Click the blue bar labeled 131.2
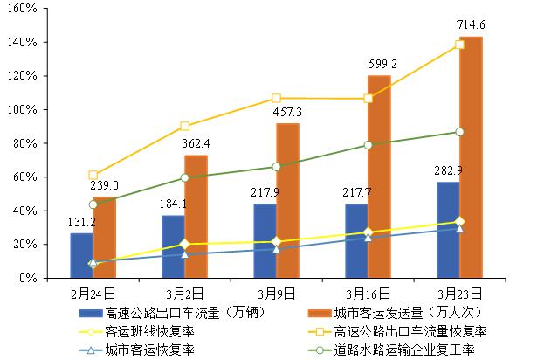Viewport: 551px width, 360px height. [81, 255]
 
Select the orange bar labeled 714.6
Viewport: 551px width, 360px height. [471, 157]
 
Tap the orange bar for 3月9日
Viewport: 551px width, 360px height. [287, 201]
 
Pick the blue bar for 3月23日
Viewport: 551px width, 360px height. [448, 230]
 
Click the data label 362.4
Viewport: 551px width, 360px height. [195, 143]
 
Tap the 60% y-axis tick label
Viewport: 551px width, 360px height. [24, 177]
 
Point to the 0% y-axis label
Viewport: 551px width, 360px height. [27, 278]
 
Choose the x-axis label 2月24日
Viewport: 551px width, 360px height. [93, 294]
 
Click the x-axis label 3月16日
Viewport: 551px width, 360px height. [368, 294]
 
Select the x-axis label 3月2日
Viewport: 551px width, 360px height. [185, 294]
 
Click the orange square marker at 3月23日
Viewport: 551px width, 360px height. [459, 44]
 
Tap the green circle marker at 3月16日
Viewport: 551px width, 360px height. [368, 145]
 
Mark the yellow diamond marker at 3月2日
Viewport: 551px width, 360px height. [184, 244]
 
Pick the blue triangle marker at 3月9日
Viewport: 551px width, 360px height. [276, 249]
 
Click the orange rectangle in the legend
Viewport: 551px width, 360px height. [320, 314]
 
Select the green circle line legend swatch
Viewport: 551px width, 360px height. [320, 350]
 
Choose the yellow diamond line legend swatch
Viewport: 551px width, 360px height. [91, 332]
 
